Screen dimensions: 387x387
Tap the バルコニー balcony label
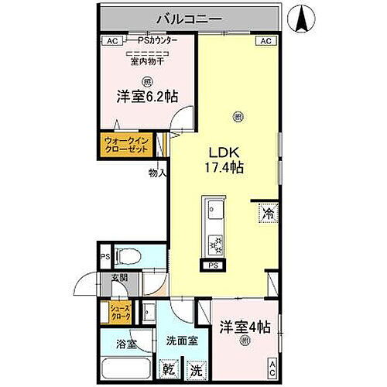190,17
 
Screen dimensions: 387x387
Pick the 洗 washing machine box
196,370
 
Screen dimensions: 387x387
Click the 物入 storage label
157,173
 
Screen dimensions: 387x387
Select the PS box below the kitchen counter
212,265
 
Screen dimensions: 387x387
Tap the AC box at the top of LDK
265,41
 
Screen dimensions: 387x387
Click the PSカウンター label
157,41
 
